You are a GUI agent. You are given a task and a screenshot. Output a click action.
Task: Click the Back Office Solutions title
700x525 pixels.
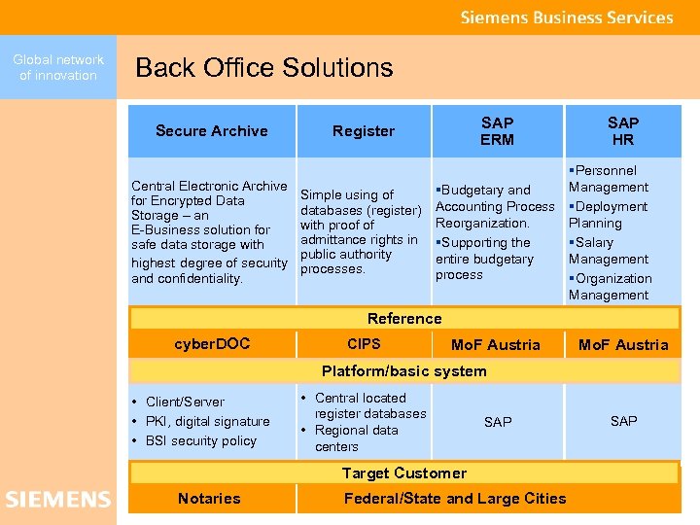[264, 67]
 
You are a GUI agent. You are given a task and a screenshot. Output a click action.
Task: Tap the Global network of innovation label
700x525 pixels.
[58, 67]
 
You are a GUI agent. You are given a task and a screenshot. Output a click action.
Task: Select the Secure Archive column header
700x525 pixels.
[211, 131]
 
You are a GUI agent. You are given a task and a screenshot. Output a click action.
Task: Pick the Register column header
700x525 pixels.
[364, 131]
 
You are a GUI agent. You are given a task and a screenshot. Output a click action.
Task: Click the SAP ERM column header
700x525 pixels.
[497, 131]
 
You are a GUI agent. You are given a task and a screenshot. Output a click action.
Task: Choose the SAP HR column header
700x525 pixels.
[623, 131]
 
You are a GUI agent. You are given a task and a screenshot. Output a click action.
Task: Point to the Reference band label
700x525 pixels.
[404, 319]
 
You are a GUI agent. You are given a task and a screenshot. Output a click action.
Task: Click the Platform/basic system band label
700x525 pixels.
[404, 371]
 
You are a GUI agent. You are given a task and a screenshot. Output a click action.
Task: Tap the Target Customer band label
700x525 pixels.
[404, 473]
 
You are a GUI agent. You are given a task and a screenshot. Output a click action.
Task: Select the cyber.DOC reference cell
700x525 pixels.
[212, 344]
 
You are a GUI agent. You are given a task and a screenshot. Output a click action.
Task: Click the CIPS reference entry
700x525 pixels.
[364, 344]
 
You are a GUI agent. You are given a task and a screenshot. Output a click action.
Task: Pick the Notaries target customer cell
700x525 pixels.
[209, 499]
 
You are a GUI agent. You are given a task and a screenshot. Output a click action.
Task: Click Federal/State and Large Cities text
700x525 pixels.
[455, 499]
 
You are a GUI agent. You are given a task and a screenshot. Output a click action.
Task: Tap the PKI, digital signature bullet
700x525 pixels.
[207, 421]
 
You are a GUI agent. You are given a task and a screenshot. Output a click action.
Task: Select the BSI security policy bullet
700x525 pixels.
[200, 440]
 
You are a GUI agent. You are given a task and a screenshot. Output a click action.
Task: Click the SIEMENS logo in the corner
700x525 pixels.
[58, 500]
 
